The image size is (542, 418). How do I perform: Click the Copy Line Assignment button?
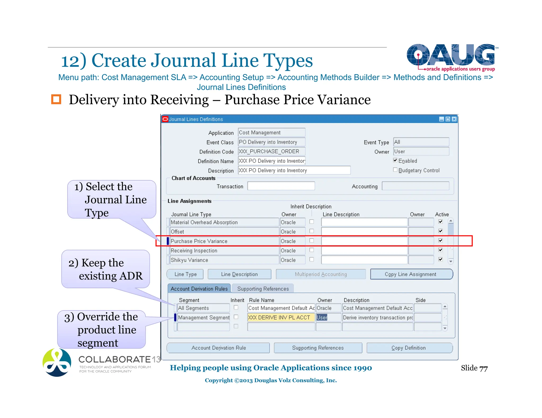[x=411, y=274]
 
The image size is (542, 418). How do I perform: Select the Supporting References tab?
[x=263, y=289]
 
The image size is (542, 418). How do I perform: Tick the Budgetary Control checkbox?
[x=395, y=170]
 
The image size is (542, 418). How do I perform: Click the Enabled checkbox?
[x=395, y=160]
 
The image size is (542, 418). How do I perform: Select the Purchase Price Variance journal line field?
[x=224, y=241]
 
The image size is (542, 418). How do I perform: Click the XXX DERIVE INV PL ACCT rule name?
[x=281, y=317]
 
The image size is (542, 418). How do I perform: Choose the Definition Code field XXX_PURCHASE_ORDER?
[x=271, y=151]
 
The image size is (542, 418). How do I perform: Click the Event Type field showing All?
[x=421, y=142]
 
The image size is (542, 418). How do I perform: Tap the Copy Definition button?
[x=409, y=348]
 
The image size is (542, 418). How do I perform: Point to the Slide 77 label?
[x=474, y=368]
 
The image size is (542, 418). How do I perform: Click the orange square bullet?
[x=56, y=99]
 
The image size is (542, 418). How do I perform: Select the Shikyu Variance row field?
[x=224, y=260]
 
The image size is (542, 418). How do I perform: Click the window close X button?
[x=454, y=119]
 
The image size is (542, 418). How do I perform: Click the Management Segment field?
[x=203, y=317]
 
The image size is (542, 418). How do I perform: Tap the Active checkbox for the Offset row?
[x=440, y=231]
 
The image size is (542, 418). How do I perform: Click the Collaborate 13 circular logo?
[x=57, y=363]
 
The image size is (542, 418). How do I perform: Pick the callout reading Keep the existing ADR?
[x=106, y=269]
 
